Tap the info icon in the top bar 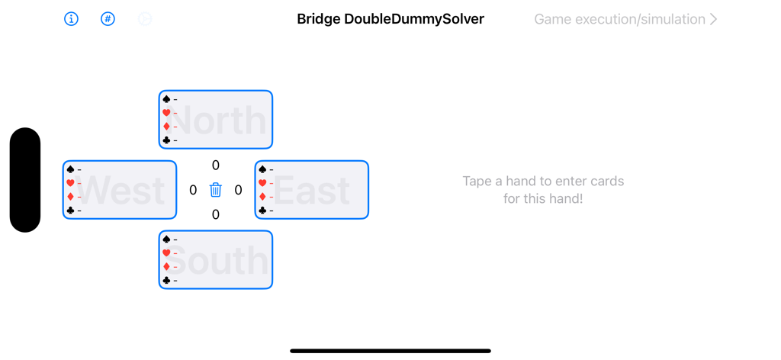[x=71, y=19]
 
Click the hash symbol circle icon [x=108, y=19]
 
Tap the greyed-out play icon [x=145, y=19]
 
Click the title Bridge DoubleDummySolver [x=390, y=19]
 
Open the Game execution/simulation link [x=625, y=19]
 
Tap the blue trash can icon [x=216, y=190]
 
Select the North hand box [x=216, y=120]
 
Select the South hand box [x=216, y=260]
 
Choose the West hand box [x=120, y=190]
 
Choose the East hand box [x=312, y=190]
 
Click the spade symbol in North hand [x=166, y=99]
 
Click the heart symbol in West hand [x=70, y=183]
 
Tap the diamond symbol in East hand [x=262, y=197]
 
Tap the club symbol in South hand [x=166, y=281]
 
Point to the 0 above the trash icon [x=216, y=166]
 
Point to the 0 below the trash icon [x=216, y=215]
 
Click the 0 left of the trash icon [x=193, y=190]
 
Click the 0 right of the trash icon [x=239, y=190]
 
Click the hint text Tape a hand [x=543, y=190]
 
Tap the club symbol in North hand [x=166, y=140]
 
